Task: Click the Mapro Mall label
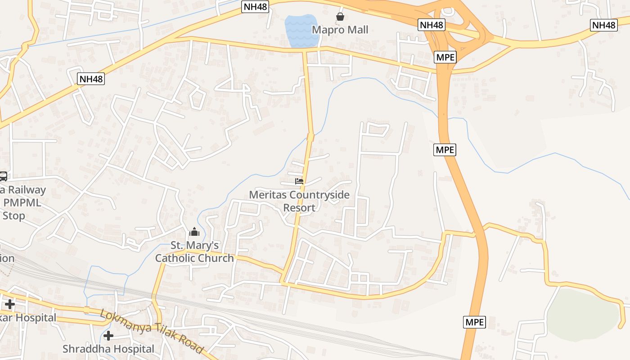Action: click(340, 30)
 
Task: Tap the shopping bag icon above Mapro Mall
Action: click(340, 17)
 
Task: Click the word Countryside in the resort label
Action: click(319, 195)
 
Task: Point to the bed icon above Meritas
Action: click(299, 181)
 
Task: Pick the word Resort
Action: click(299, 208)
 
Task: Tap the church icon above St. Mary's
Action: click(194, 232)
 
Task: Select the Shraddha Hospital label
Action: click(108, 349)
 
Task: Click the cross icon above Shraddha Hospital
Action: click(108, 336)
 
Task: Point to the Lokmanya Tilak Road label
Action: click(152, 332)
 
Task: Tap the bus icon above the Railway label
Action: click(3, 176)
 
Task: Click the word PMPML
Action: click(22, 202)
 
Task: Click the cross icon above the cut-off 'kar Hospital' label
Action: click(9, 304)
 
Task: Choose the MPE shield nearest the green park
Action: click(474, 322)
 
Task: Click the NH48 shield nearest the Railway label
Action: click(91, 79)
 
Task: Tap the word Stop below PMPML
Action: click(13, 216)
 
